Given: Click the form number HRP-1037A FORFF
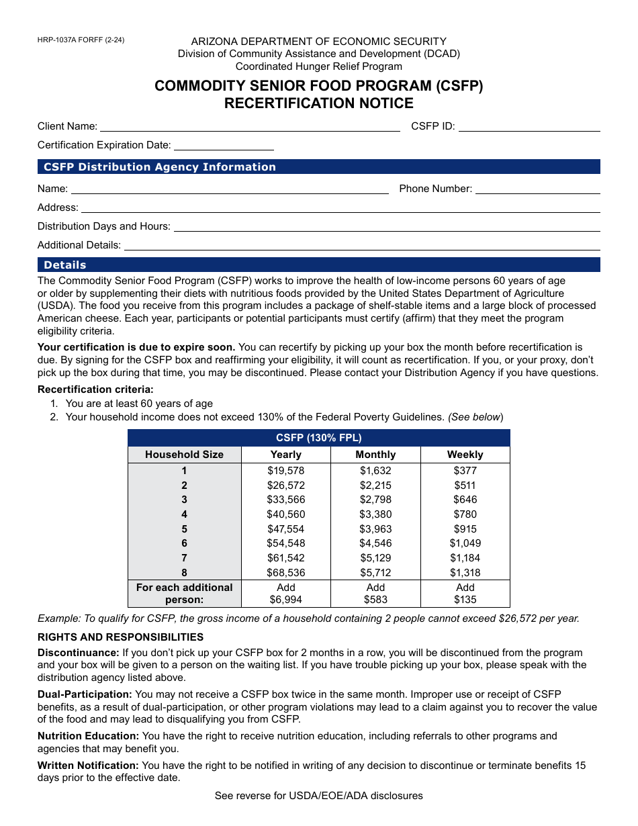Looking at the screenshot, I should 81,40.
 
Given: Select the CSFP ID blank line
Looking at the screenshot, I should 529,126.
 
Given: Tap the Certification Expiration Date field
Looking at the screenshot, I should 224,144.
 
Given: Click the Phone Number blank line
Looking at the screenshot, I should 537,189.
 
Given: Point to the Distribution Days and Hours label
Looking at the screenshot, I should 104,226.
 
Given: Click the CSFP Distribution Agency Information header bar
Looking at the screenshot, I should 318,167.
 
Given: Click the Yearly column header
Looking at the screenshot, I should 286,455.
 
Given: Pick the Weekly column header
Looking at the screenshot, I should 465,455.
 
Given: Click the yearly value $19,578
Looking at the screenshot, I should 286,471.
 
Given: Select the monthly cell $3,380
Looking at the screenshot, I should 375,514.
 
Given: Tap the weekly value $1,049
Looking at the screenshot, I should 465,543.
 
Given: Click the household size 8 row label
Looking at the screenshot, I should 184,573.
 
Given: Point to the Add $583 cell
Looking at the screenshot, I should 375,594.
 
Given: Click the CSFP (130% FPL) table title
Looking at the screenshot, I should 318,438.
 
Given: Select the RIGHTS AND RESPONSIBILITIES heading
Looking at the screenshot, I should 120,637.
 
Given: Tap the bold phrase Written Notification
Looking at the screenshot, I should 88,766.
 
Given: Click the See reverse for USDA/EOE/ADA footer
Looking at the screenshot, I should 318,796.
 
